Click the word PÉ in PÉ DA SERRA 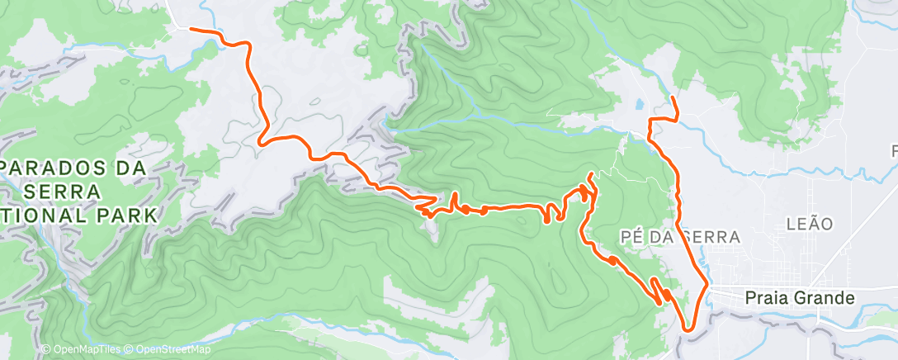631,237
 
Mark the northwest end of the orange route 191,28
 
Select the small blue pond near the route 639,106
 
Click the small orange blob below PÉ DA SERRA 613,260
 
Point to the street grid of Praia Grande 743,277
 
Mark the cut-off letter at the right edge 894,151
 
